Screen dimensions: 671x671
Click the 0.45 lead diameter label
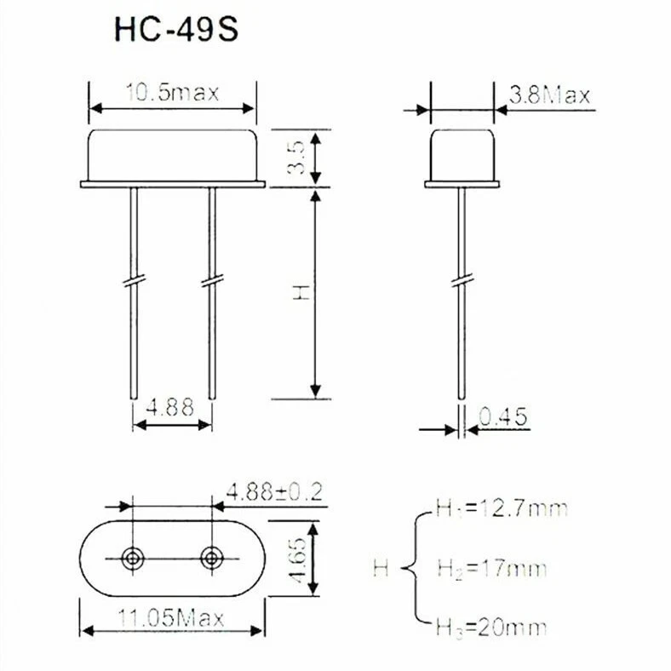[x=504, y=416]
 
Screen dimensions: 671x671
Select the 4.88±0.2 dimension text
[x=274, y=491]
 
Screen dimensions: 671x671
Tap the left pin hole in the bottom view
[x=132, y=558]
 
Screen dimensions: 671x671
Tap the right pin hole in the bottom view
[x=210, y=558]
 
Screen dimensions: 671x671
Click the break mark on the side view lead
[x=462, y=280]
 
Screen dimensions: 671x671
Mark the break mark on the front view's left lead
[x=133, y=280]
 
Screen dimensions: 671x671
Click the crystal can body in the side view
[x=462, y=153]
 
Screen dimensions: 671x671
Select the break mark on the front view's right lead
[x=211, y=280]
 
